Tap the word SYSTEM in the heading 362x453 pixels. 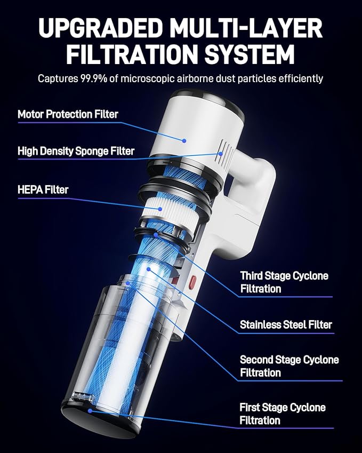(250, 54)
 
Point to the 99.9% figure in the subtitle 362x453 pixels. (93, 78)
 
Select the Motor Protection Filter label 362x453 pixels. (68, 114)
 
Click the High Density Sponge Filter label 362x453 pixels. (76, 151)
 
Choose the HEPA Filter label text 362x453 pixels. (43, 190)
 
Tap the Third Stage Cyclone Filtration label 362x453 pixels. (284, 282)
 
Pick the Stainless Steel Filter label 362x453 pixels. (286, 324)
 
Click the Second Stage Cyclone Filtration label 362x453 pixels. (289, 366)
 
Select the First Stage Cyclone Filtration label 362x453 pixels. (283, 414)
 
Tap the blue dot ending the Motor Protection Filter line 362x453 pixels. (184, 141)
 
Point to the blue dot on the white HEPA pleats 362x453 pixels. (160, 209)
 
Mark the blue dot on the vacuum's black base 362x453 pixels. (90, 410)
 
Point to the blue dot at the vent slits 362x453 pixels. (221, 154)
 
